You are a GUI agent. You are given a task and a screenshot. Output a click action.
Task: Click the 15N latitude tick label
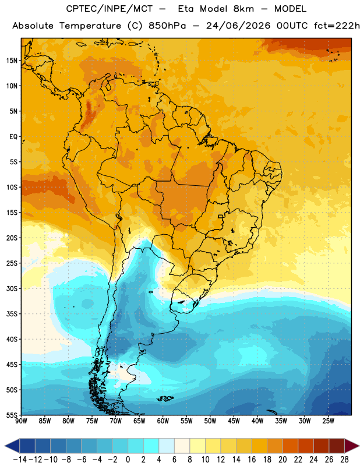click(x=12, y=61)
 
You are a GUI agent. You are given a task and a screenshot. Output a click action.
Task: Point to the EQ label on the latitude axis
click(x=13, y=137)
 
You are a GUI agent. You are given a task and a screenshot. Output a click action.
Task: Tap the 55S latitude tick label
click(x=12, y=415)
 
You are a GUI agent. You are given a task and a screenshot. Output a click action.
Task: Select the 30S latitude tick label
click(x=12, y=288)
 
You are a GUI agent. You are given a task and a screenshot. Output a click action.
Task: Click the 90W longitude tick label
click(x=21, y=421)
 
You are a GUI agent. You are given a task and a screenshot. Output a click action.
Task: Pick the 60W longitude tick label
click(x=163, y=421)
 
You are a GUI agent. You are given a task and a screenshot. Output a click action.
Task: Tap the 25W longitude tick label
click(x=328, y=421)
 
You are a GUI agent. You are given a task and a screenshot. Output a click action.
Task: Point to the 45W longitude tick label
click(x=234, y=421)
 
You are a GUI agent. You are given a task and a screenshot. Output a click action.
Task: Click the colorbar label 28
click(x=344, y=460)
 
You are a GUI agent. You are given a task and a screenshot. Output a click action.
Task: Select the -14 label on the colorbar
click(x=20, y=460)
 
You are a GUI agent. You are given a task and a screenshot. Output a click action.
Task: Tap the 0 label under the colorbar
click(x=128, y=460)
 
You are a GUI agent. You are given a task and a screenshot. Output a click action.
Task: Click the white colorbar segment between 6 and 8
click(x=182, y=446)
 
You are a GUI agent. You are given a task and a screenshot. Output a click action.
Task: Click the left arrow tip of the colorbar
click(x=5, y=446)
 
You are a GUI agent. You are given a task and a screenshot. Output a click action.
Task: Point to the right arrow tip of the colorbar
click(x=359, y=446)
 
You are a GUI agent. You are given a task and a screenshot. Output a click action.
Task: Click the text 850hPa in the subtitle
click(x=167, y=26)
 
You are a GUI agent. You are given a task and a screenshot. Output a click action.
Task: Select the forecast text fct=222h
click(x=337, y=26)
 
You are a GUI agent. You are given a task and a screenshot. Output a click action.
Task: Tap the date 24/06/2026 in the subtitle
click(x=238, y=26)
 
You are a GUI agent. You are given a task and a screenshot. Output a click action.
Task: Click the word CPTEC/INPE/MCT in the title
click(x=109, y=9)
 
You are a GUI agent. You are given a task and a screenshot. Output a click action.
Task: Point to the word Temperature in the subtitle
click(x=90, y=26)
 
